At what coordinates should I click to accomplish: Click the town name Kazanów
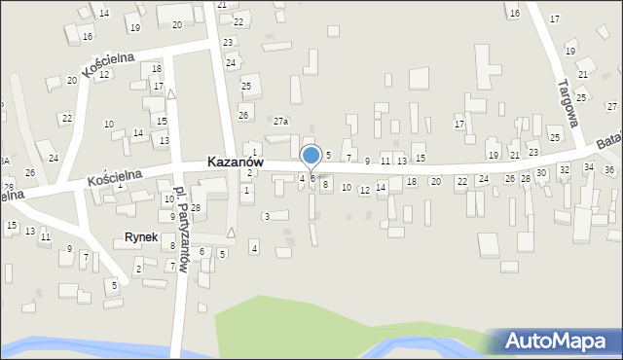pyautogui.click(x=236, y=162)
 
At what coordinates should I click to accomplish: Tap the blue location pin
pyautogui.click(x=311, y=157)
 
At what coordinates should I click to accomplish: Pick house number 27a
pyautogui.click(x=280, y=121)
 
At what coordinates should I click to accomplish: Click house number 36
pyautogui.click(x=608, y=170)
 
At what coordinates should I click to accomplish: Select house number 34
pyautogui.click(x=588, y=167)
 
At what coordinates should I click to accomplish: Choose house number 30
pyautogui.click(x=540, y=172)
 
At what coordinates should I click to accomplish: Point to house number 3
pyautogui.click(x=267, y=216)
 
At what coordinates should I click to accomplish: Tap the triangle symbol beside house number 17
pyautogui.click(x=171, y=94)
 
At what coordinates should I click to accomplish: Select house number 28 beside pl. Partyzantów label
pyautogui.click(x=196, y=208)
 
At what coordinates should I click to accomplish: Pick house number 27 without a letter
pyautogui.click(x=611, y=105)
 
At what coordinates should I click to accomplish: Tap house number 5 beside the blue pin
pyautogui.click(x=328, y=156)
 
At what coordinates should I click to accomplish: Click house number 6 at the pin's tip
pyautogui.click(x=312, y=178)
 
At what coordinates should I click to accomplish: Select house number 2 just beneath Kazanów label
pyautogui.click(x=249, y=172)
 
